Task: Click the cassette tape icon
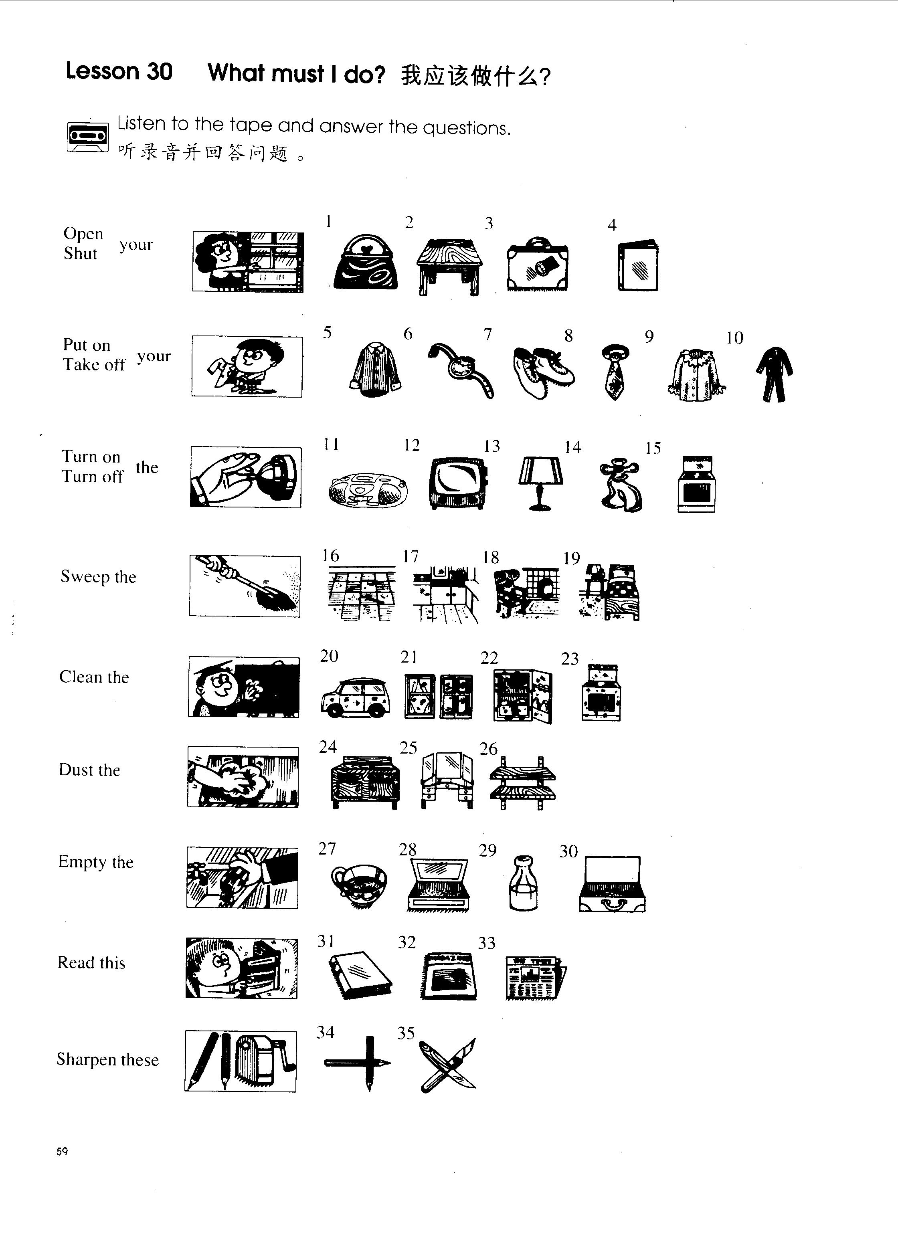click(87, 137)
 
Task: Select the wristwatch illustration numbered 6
click(461, 369)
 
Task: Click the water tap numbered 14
click(621, 485)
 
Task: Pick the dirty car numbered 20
click(356, 697)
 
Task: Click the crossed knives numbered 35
click(448, 1065)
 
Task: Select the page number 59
click(62, 1152)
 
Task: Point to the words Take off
click(94, 365)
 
